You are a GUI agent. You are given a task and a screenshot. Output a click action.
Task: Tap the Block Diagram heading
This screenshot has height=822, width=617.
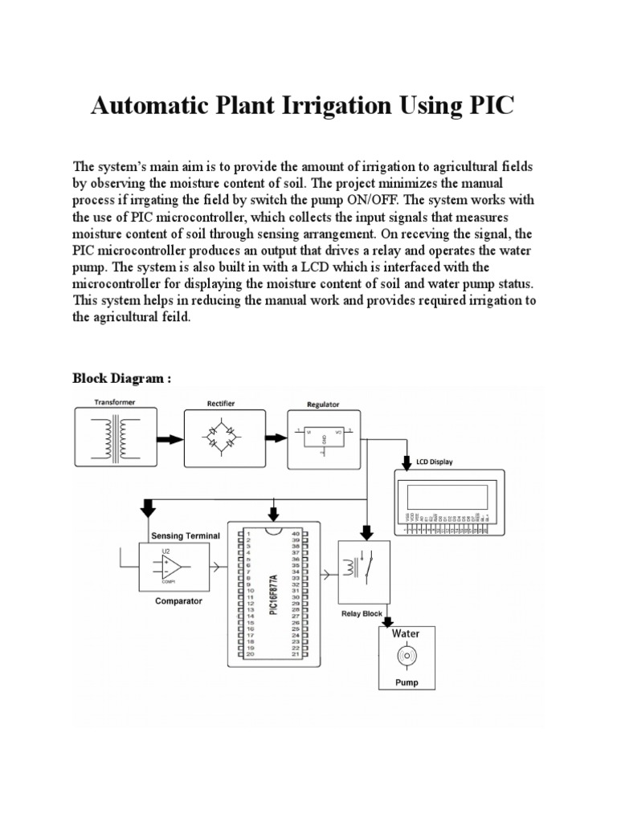(x=122, y=377)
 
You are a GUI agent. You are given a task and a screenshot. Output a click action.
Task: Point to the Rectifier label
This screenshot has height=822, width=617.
(x=220, y=403)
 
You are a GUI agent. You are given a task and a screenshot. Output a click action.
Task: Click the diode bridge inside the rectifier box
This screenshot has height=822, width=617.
(x=220, y=438)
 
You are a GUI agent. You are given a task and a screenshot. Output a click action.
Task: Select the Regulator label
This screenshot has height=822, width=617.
(x=323, y=405)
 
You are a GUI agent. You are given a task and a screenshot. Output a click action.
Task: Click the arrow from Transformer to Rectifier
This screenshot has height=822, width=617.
(x=169, y=439)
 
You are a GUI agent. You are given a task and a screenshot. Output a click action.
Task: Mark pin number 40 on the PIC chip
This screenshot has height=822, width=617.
(x=296, y=533)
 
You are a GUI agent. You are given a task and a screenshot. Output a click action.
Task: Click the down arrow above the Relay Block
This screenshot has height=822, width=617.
(x=367, y=531)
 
